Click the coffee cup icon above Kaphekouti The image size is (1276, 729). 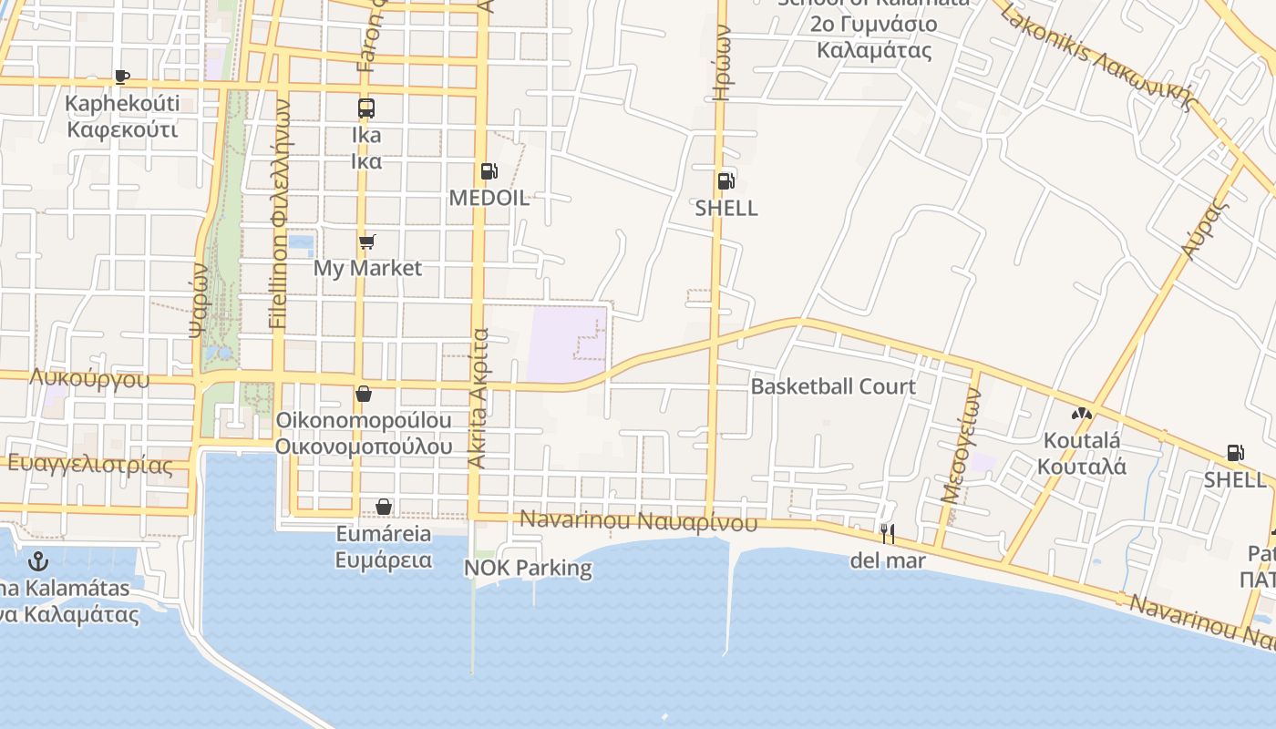click(x=122, y=77)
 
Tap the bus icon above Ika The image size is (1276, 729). click(x=366, y=108)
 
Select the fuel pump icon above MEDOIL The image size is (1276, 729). click(x=489, y=171)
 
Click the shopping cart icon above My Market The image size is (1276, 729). click(x=366, y=241)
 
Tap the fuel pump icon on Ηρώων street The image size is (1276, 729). click(x=726, y=180)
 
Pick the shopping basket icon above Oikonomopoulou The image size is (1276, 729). click(x=364, y=394)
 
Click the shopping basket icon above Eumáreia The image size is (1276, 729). click(x=384, y=506)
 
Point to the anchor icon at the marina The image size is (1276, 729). click(x=37, y=560)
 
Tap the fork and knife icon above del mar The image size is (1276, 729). click(x=887, y=533)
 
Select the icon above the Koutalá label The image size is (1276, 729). click(x=1082, y=414)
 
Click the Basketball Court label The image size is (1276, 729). click(x=833, y=386)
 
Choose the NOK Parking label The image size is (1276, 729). click(x=528, y=569)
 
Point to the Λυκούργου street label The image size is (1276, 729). click(x=89, y=378)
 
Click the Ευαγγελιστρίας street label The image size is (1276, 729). click(x=89, y=464)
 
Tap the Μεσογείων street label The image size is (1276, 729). click(x=961, y=447)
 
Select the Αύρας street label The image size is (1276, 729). click(x=1201, y=231)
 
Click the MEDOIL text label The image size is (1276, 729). click(x=489, y=199)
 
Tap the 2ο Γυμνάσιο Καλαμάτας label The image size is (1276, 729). click(x=874, y=36)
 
